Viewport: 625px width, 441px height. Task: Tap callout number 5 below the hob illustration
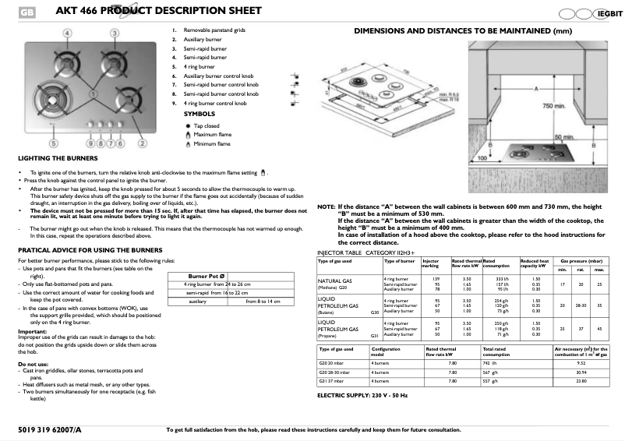[x=54, y=143]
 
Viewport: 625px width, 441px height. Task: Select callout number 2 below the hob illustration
[x=142, y=143]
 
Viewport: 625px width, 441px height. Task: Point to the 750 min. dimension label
[x=553, y=105]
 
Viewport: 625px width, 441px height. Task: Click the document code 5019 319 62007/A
[x=48, y=429]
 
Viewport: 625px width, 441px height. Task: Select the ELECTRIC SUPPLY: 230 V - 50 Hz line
[x=362, y=396]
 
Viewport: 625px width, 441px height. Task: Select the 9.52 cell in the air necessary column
[x=579, y=362]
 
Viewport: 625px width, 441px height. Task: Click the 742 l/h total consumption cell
[x=490, y=362]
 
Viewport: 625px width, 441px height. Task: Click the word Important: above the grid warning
[x=33, y=331]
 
